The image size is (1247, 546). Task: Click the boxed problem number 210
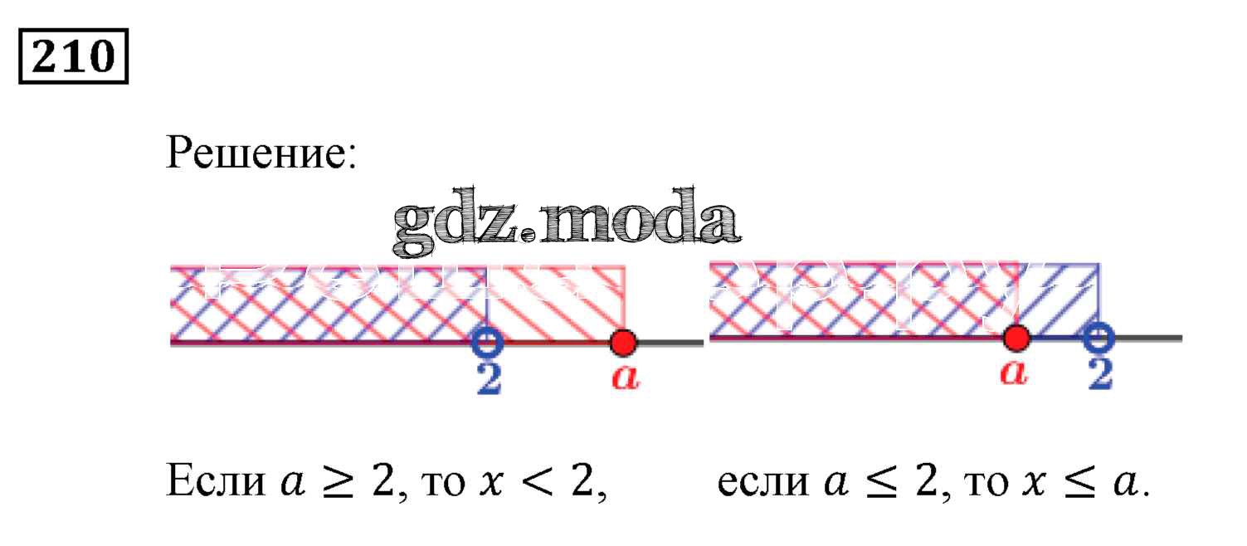point(74,56)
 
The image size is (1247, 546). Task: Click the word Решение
point(261,152)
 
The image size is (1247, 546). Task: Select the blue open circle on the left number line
point(487,340)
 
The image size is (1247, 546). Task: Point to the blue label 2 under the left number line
point(489,378)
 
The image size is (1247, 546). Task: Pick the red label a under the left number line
point(625,378)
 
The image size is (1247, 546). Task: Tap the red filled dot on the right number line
point(1016,338)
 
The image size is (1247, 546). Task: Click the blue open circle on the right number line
point(1098,338)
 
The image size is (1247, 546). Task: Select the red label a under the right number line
point(1013,374)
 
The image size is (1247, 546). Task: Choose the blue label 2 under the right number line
point(1099,375)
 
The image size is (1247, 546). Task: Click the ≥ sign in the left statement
point(326,482)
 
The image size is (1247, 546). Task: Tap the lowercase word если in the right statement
point(761,482)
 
